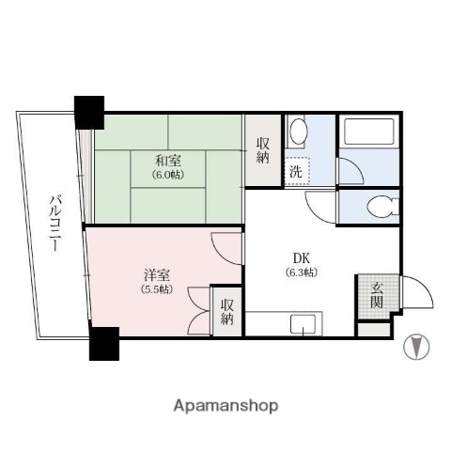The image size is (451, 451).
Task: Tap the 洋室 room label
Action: [x=156, y=275]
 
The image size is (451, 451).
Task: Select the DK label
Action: [x=301, y=257]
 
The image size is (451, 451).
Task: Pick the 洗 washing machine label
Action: [x=295, y=172]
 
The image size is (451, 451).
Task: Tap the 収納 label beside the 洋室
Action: [x=227, y=311]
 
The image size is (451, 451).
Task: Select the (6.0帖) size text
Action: [x=170, y=175]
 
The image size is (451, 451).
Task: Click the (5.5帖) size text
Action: [x=157, y=290]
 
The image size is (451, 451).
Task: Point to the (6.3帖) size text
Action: [x=301, y=272]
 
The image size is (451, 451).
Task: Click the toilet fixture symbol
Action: [x=381, y=207]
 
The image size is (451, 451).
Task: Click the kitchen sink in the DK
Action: [x=304, y=326]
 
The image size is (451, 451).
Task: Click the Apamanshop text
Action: [x=225, y=406]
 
